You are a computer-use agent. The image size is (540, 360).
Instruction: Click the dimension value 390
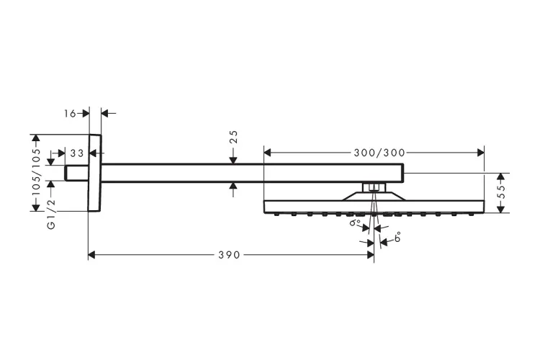tap(231, 255)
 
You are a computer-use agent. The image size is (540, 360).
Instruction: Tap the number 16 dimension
tap(70, 113)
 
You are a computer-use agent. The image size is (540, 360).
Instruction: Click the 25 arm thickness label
tap(233, 136)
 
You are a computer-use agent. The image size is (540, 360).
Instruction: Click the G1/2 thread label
tap(51, 215)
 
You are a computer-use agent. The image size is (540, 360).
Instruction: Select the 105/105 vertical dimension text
tap(35, 173)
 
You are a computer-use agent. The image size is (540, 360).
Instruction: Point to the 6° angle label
tap(397, 238)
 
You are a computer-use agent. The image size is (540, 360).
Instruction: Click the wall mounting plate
tap(94, 173)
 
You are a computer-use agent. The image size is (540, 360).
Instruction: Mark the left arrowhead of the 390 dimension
tap(91, 255)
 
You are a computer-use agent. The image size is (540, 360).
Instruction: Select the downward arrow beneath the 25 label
tap(233, 159)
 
